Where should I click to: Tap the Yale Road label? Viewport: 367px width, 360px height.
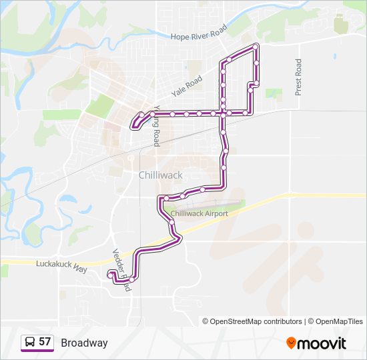pyautogui.click(x=186, y=83)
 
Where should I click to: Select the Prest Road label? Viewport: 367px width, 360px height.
pyautogui.click(x=298, y=77)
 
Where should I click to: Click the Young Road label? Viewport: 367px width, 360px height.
pyautogui.click(x=157, y=126)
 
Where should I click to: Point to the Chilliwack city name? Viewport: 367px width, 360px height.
pyautogui.click(x=161, y=175)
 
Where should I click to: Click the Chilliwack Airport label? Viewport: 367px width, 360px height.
pyautogui.click(x=200, y=213)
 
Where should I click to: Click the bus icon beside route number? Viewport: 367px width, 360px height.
pyautogui.click(x=29, y=343)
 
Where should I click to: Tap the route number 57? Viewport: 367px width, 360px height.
pyautogui.click(x=45, y=343)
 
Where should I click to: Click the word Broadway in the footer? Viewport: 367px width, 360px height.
pyautogui.click(x=84, y=343)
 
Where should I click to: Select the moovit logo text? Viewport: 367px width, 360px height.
pyautogui.click(x=322, y=343)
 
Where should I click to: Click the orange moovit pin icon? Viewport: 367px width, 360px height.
pyautogui.click(x=292, y=343)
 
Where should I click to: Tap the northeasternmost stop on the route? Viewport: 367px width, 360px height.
pyautogui.click(x=256, y=46)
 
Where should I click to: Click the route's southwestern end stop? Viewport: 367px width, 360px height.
pyautogui.click(x=110, y=273)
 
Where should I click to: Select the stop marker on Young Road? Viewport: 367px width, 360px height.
pyautogui.click(x=153, y=114)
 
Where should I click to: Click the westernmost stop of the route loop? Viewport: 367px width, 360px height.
pyautogui.click(x=137, y=123)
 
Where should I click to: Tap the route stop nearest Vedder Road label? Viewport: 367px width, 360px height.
pyautogui.click(x=131, y=280)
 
